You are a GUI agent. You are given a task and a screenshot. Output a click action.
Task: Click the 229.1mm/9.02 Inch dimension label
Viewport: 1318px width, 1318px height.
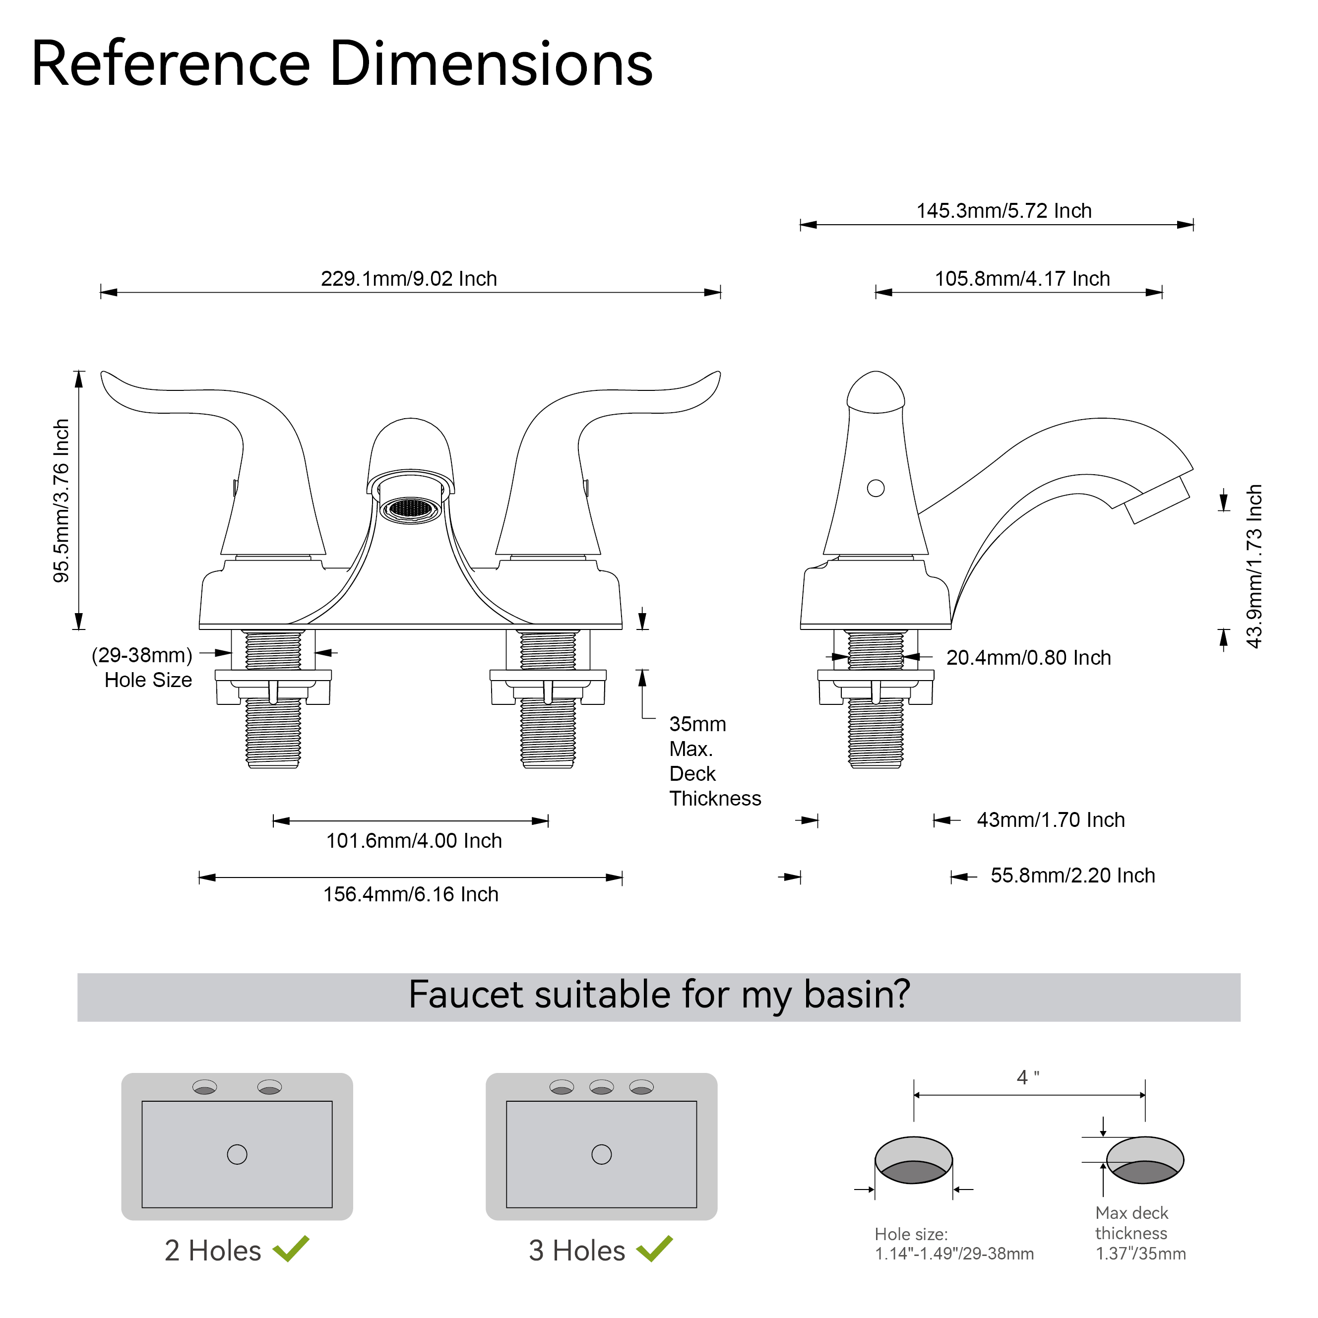[x=409, y=278]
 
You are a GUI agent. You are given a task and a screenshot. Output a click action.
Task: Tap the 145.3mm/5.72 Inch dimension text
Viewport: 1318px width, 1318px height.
[x=1004, y=211]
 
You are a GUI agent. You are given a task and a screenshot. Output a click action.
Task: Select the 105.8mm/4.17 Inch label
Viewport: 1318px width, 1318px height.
[x=1022, y=278]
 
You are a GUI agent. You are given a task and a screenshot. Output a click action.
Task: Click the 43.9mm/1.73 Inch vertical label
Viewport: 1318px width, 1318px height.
[x=1255, y=566]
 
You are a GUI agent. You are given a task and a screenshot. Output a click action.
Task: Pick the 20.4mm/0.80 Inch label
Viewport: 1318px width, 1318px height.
[x=1028, y=658]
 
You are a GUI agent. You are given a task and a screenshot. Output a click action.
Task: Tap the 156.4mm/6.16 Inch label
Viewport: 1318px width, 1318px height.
[x=411, y=894]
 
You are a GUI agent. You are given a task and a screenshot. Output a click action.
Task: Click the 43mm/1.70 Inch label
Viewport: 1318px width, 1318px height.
[x=1051, y=820]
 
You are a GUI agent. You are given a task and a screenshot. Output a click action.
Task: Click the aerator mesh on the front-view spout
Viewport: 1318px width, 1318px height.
[x=411, y=508]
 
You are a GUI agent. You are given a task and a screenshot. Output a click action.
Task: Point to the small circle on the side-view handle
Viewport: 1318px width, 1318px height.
[x=875, y=488]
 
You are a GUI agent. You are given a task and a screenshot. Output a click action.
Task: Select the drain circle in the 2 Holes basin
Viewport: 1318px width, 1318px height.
[x=237, y=1154]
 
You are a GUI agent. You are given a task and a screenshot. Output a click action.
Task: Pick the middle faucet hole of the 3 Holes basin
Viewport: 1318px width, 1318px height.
[x=601, y=1087]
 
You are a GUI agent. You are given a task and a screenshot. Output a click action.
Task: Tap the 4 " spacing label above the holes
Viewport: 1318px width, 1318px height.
[x=1027, y=1077]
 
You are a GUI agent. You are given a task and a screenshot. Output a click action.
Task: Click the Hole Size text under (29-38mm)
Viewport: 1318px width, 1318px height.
[x=148, y=680]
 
